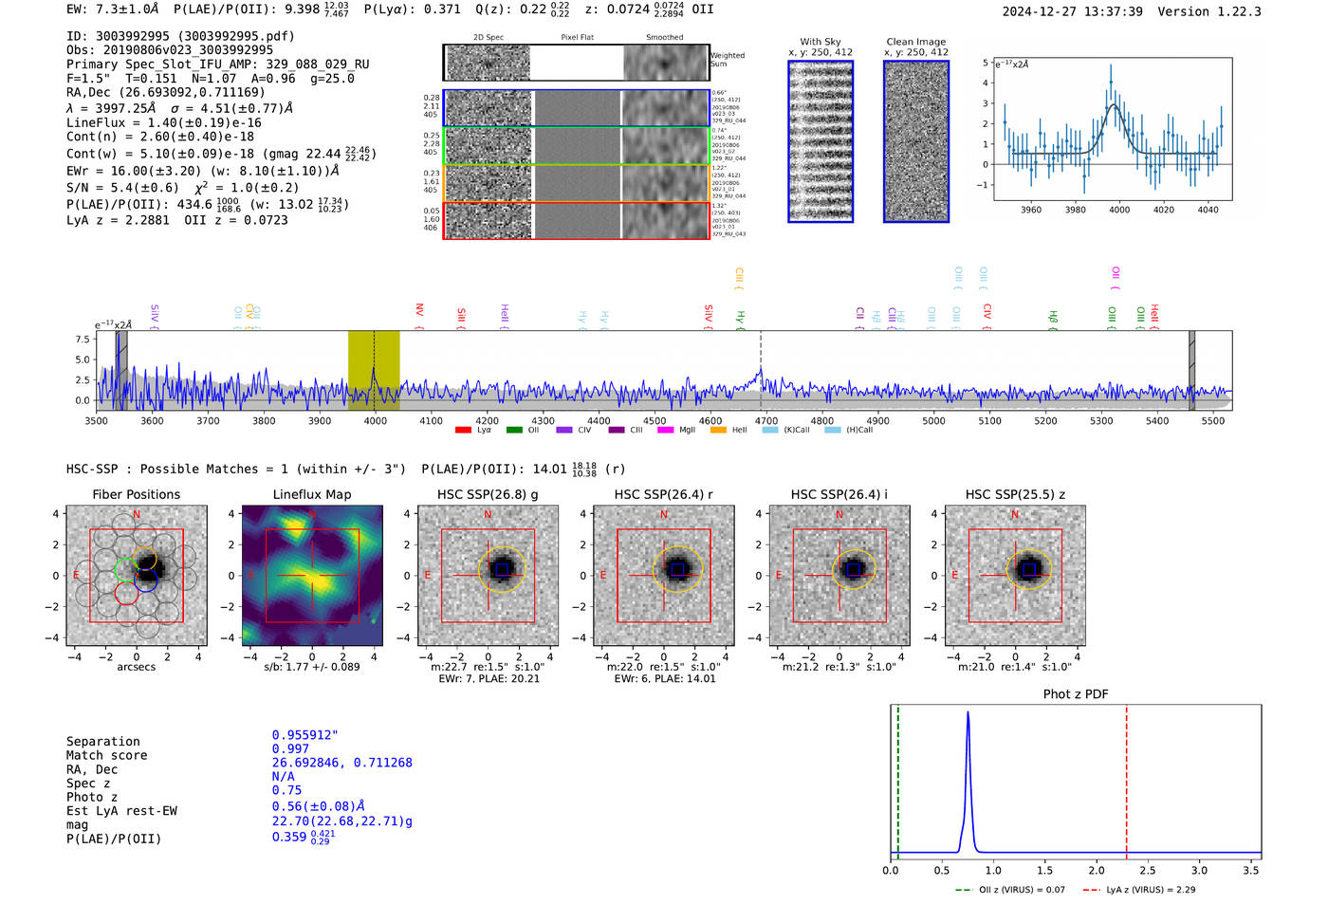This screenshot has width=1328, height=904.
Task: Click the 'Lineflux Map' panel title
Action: (x=311, y=494)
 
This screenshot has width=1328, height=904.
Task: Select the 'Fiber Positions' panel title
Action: (x=136, y=494)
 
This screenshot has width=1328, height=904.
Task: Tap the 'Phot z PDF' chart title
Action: (x=1075, y=694)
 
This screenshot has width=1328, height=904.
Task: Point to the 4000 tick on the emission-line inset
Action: (x=1119, y=210)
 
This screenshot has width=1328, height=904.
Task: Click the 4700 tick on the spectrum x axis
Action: (x=765, y=420)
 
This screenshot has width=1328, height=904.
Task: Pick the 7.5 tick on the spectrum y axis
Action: (x=83, y=340)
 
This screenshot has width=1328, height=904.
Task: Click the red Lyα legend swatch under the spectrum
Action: (x=463, y=431)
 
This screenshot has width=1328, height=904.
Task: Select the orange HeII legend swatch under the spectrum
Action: (x=718, y=431)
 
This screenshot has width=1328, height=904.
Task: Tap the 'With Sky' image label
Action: (x=820, y=42)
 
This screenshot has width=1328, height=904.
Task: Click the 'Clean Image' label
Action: (x=915, y=42)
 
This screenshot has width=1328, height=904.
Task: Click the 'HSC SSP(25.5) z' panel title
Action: (x=1015, y=494)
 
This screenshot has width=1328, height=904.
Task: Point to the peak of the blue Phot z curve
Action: (x=968, y=712)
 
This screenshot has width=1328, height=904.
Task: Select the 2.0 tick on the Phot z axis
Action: (x=1097, y=870)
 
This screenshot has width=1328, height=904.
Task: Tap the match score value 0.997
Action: (x=290, y=748)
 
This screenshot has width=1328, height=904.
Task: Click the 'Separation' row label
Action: (x=102, y=742)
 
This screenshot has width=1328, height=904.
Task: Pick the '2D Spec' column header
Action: (x=488, y=38)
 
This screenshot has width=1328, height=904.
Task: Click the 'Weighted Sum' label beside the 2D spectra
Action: (x=727, y=60)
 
